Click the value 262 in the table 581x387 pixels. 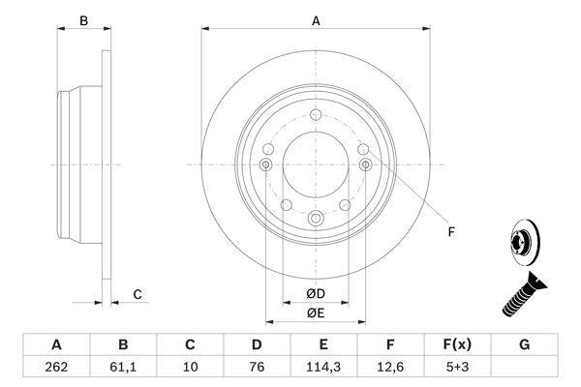click(x=56, y=368)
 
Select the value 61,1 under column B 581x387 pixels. click(x=123, y=368)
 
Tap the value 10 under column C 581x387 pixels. click(x=191, y=368)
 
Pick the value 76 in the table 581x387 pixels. click(x=258, y=368)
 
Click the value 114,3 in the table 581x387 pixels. click(x=324, y=368)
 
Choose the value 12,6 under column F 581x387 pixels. click(x=391, y=368)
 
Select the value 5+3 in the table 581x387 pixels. click(x=458, y=368)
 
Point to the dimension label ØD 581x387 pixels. click(x=316, y=293)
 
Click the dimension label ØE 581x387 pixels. click(x=316, y=313)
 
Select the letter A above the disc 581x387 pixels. click(x=315, y=19)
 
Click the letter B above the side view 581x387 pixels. click(x=83, y=19)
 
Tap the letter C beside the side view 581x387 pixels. click(x=138, y=293)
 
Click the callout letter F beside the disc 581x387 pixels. click(x=450, y=232)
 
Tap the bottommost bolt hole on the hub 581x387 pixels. click(x=315, y=220)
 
